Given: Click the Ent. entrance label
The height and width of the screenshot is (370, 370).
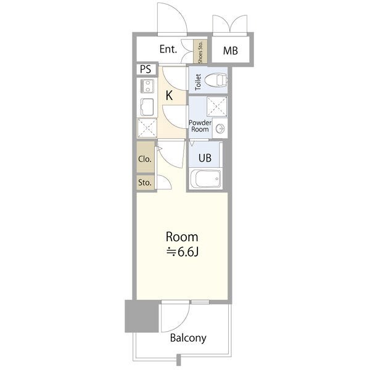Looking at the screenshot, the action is pyautogui.click(x=168, y=49).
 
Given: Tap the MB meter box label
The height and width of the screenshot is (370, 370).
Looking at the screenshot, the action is pyautogui.click(x=230, y=51).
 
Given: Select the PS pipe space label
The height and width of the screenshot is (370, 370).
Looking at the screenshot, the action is pyautogui.click(x=146, y=69).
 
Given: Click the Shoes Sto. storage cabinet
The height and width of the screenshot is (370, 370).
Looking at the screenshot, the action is pyautogui.click(x=200, y=51).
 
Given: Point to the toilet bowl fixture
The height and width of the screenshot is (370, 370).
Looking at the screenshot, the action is pyautogui.click(x=216, y=80).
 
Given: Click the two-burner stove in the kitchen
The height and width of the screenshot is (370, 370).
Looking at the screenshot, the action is pyautogui.click(x=147, y=86).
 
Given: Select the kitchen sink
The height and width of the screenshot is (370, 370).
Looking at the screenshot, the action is pyautogui.click(x=147, y=107).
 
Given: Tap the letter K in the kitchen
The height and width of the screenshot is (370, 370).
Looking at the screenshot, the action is pyautogui.click(x=169, y=96).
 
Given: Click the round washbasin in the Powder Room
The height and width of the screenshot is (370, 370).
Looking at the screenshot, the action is pyautogui.click(x=220, y=129).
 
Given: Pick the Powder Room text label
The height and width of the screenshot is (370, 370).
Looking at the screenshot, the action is pyautogui.click(x=200, y=126).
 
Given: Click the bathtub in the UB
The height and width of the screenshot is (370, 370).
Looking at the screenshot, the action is pyautogui.click(x=205, y=179).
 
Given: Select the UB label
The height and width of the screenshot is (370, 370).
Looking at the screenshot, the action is pyautogui.click(x=205, y=158).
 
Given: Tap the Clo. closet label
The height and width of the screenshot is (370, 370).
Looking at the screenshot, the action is pyautogui.click(x=145, y=159).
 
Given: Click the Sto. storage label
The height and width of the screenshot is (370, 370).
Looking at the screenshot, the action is pyautogui.click(x=145, y=183).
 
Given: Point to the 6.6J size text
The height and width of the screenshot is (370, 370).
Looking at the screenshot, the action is pyautogui.click(x=183, y=252).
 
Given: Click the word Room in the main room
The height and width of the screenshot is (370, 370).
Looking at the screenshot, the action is pyautogui.click(x=182, y=237).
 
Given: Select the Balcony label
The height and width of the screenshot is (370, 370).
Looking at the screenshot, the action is pyautogui.click(x=188, y=338).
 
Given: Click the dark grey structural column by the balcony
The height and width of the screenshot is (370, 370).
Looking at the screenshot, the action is pyautogui.click(x=142, y=316).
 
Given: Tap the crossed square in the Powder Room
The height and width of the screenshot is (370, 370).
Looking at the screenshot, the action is pyautogui.click(x=217, y=107).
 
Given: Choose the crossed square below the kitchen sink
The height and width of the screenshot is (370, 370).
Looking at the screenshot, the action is pyautogui.click(x=147, y=128).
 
